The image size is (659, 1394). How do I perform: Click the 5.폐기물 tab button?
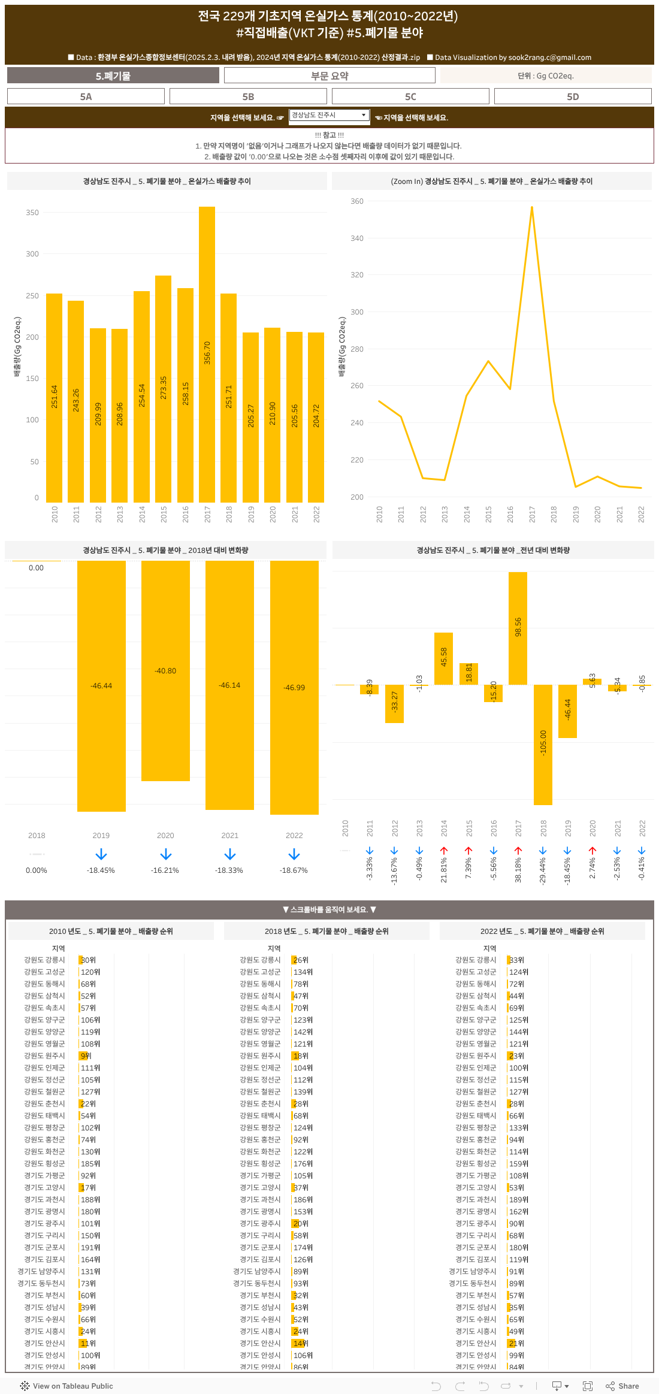tap(113, 75)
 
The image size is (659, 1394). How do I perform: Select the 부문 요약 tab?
tap(329, 75)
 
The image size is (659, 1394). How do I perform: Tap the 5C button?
tap(410, 96)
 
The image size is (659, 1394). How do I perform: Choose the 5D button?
tap(573, 96)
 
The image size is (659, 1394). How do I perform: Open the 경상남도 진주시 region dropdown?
tap(329, 115)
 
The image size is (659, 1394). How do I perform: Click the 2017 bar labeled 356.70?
tap(207, 353)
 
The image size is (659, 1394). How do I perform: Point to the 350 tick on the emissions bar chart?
tap(32, 213)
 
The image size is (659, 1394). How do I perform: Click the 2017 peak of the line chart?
tap(531, 207)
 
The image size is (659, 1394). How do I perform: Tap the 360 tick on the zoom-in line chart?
tap(357, 201)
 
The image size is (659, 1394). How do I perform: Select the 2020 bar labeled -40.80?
tap(165, 671)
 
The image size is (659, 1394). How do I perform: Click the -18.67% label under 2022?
tap(294, 870)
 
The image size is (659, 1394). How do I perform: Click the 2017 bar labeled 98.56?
tap(518, 628)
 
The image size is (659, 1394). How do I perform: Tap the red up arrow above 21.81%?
tap(444, 851)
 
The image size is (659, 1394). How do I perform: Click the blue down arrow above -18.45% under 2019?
tap(101, 854)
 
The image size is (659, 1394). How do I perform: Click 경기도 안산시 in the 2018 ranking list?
tap(260, 1343)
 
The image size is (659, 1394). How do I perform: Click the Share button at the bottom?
tap(622, 1386)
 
